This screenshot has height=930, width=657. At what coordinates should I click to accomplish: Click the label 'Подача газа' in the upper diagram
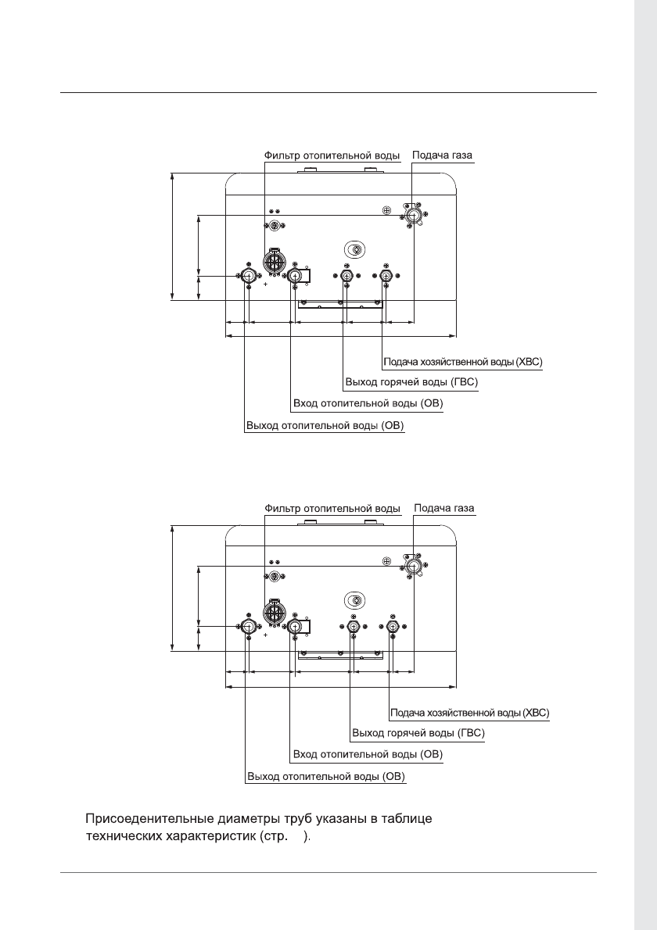(x=443, y=156)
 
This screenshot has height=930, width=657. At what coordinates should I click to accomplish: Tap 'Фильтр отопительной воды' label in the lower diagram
(x=332, y=508)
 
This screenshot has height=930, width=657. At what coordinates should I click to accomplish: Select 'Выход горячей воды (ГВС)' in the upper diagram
(x=411, y=383)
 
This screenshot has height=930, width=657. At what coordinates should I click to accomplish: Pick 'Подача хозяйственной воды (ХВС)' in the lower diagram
(x=469, y=713)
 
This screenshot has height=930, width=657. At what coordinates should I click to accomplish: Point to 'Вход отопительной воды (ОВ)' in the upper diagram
(x=368, y=404)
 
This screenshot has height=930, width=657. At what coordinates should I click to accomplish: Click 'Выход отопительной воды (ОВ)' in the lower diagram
(x=325, y=777)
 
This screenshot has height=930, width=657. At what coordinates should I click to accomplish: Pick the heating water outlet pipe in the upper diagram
(x=248, y=277)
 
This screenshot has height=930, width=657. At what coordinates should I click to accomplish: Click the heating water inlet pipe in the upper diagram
(x=295, y=277)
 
